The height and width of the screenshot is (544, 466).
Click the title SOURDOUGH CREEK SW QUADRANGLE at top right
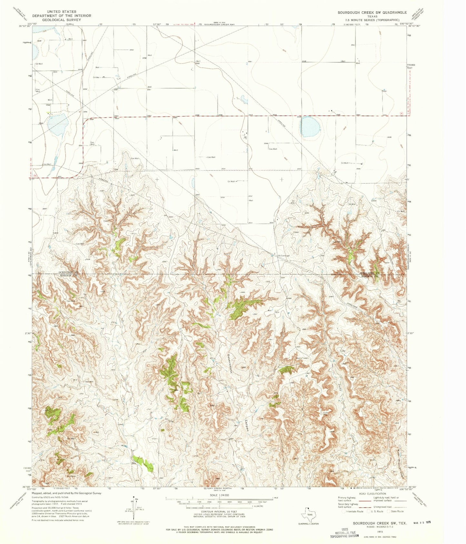tap(372, 12)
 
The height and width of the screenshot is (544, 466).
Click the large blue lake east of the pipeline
tap(310, 127)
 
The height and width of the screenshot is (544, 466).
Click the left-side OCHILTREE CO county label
tap(68, 273)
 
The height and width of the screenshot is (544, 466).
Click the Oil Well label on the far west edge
tap(39, 64)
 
